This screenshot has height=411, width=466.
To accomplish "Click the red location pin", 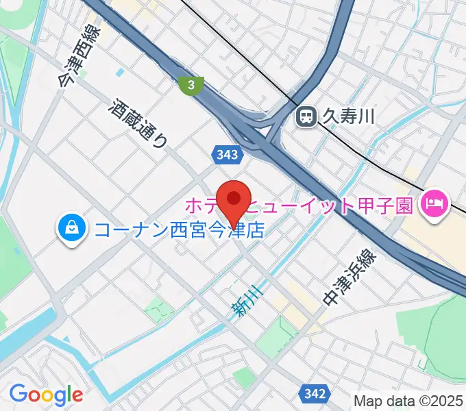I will tap(234, 200).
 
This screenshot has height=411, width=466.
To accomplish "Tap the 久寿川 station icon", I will tap(306, 117).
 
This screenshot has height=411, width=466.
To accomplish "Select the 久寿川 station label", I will tap(349, 117).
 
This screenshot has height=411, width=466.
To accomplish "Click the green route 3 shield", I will tap(191, 86).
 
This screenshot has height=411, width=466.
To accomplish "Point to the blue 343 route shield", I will tap(226, 155).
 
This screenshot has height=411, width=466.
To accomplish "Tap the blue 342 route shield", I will tap(313, 393).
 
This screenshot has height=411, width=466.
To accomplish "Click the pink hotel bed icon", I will tap(434, 203).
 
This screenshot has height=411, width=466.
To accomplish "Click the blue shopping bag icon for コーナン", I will tap(71, 229).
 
